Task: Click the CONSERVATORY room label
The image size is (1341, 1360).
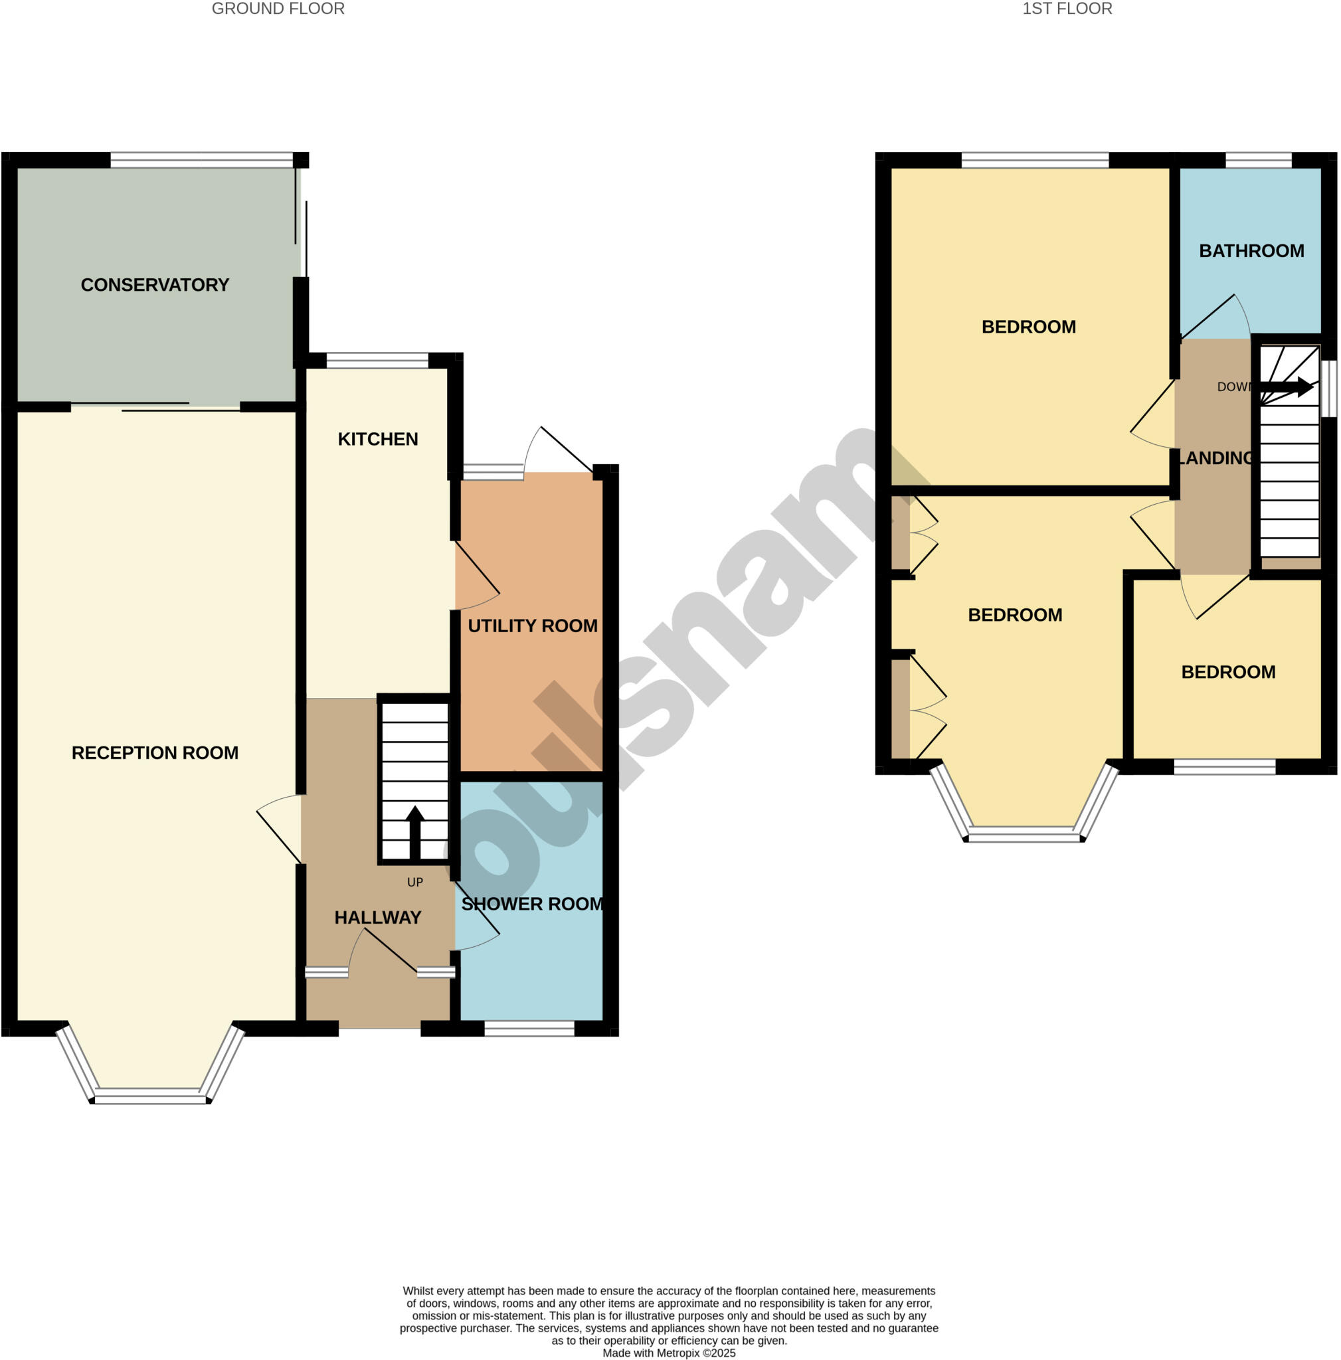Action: coord(155,285)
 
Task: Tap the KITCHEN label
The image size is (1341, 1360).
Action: coord(378,439)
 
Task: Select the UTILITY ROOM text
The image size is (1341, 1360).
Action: coord(532,626)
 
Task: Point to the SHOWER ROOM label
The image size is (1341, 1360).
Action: coord(532,904)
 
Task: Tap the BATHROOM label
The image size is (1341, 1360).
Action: coord(1251,251)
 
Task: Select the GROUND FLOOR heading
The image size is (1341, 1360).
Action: coord(278,9)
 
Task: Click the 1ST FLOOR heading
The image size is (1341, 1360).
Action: coord(1067,9)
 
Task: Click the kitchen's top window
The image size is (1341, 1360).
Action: coord(377,361)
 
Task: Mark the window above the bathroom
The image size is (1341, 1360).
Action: coord(1258,161)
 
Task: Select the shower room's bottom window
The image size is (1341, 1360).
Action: coord(529,1029)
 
